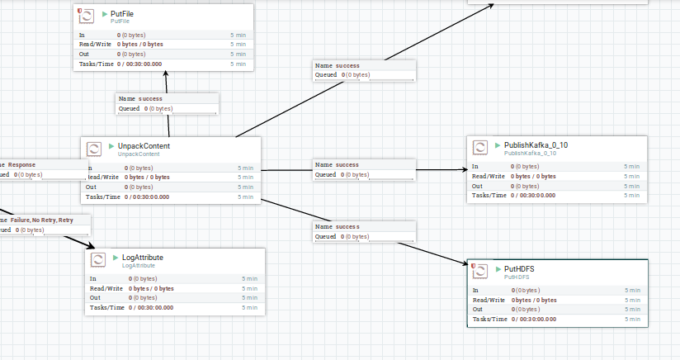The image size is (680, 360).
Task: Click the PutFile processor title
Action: pos(122,14)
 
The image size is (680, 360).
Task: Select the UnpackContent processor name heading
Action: pos(144,146)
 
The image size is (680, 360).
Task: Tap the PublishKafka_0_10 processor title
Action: pos(536,144)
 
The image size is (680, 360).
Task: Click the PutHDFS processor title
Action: pos(519,269)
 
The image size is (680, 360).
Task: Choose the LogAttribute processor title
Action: pos(142,258)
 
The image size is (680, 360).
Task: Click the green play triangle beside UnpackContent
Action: pos(111,146)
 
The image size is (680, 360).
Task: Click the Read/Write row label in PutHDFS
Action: pos(489,300)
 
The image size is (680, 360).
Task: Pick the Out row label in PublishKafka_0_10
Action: pos(477,186)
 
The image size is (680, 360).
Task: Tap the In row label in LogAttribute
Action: pos(93,279)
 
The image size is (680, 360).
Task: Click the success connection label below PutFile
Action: pos(145,98)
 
